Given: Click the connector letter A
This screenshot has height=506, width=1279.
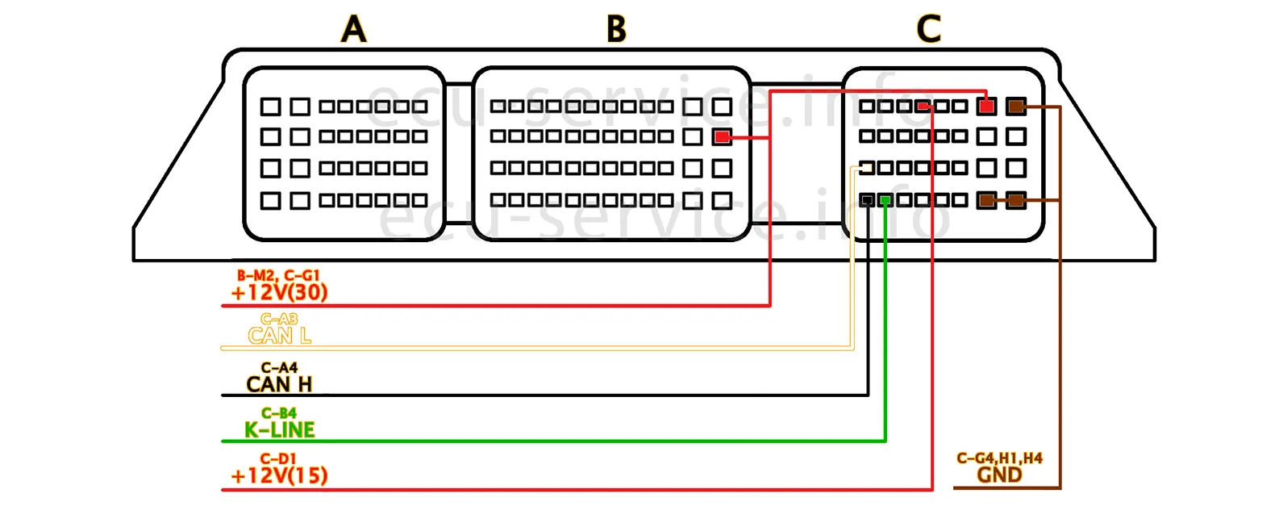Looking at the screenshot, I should pos(353,30).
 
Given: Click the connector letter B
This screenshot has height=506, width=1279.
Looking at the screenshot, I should pos(616,30).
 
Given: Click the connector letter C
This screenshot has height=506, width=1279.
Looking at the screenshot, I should pos(928,30).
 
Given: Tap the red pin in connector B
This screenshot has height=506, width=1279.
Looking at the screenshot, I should pos(723,137).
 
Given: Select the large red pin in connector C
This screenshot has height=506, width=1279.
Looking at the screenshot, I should pos(986,106).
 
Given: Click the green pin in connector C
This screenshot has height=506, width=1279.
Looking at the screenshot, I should pos(885,199).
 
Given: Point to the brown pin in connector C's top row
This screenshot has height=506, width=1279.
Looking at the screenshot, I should pos(1016,106).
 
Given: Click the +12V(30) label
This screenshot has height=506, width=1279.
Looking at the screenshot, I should pos(279,292).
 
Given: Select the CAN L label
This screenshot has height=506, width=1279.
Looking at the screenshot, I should pos(279,336).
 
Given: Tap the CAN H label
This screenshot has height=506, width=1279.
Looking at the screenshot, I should pos(279,384).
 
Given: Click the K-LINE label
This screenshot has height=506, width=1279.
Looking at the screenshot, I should pos(279,430).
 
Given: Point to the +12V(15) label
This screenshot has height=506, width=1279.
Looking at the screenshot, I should pos(279,475).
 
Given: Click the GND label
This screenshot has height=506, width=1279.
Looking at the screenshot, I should pos(999,475).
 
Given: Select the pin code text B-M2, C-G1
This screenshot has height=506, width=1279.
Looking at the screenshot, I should pos(278,276).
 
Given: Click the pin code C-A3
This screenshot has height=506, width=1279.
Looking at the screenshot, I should pos(279,320).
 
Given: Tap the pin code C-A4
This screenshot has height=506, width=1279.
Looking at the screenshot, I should pos(279,368).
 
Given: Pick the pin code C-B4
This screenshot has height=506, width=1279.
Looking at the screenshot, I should pos(279,413).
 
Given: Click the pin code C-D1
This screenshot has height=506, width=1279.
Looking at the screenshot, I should pos(279,458).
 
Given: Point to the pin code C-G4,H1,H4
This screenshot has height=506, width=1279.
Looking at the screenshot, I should pos(999,458).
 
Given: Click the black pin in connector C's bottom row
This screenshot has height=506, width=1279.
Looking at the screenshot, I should pos(867,199).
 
